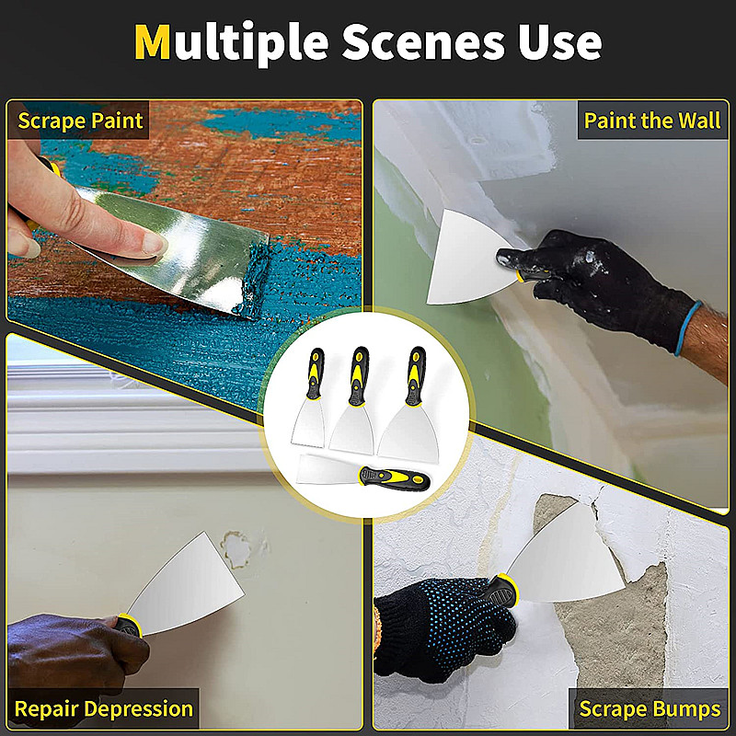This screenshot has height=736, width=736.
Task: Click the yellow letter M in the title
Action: point(152,41)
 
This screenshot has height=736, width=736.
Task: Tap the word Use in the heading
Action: point(559,41)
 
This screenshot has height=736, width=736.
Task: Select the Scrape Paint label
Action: point(80,121)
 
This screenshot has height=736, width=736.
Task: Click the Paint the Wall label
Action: point(652,121)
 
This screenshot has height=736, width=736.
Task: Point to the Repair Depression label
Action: point(104,708)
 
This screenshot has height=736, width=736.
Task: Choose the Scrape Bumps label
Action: point(650,708)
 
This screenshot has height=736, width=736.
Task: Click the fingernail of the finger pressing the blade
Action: point(155,244)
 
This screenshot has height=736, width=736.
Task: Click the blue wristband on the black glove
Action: point(688,328)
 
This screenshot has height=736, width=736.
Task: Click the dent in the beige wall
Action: point(236,549)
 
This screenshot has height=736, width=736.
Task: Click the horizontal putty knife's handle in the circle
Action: point(394,478)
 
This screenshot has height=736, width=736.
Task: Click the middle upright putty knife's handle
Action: point(359,376)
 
